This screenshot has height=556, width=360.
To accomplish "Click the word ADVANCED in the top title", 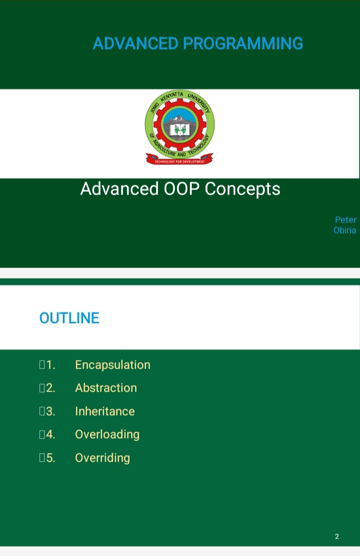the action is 135,43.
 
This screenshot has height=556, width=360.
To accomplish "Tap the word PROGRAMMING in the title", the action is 243,43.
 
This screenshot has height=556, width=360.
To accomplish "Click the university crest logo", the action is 180,127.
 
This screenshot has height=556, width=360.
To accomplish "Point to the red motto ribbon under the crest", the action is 180,159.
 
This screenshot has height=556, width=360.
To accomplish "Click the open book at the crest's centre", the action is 180,130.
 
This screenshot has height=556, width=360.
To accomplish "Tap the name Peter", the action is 345,220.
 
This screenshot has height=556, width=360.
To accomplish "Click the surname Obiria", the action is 344,230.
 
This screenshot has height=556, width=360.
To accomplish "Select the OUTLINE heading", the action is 69,318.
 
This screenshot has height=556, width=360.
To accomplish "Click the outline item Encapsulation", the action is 113,365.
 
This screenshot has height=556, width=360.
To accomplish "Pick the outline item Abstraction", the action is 106,388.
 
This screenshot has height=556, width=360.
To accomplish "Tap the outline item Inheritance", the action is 105,411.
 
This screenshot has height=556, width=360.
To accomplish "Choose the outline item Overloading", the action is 107,434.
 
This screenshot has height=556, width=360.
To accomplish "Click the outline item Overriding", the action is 102,458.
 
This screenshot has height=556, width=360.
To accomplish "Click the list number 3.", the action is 50,411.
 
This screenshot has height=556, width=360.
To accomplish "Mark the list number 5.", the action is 50,458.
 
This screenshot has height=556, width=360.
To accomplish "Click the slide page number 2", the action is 337,536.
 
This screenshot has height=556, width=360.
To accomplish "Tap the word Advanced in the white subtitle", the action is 119,188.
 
